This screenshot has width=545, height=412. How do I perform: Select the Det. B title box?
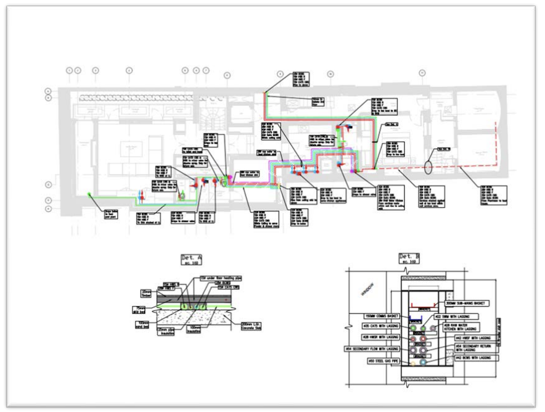tap(409, 258)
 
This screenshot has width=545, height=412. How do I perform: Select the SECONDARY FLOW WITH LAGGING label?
tap(369, 348)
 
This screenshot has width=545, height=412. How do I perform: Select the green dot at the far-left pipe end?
tap(89, 194)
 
